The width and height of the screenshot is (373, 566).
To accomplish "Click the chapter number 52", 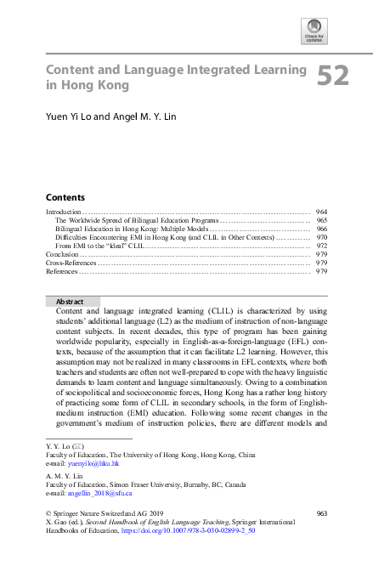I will [333, 77].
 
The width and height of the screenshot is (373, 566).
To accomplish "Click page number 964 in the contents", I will [321, 211].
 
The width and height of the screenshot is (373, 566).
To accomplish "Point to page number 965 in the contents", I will [321, 219].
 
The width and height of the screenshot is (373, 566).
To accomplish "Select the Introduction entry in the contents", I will [63, 211].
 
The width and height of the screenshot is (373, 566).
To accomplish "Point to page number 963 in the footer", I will [320, 512].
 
